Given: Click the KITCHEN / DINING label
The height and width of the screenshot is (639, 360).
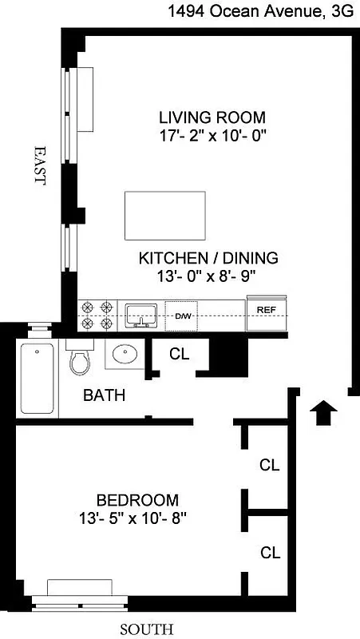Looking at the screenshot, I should [208, 258].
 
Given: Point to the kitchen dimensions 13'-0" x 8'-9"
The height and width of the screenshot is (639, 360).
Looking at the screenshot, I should [208, 276].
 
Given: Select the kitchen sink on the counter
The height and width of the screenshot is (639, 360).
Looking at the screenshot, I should [141, 315].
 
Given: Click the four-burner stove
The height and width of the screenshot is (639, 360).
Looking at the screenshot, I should [95, 315].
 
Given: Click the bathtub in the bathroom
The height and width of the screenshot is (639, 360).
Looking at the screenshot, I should [37, 379].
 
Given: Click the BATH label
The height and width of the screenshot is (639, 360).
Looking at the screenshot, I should [105, 395].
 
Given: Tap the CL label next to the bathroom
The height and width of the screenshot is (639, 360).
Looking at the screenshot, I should [180, 355].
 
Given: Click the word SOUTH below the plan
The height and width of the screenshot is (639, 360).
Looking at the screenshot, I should [146, 629].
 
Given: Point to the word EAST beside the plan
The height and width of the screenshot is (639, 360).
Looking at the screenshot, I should [38, 165].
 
